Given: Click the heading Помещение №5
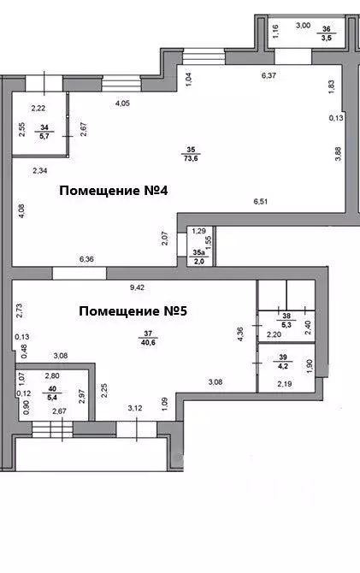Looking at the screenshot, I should point(133,310).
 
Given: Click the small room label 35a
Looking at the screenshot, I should point(197,256).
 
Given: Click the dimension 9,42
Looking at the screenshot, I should point(140,287).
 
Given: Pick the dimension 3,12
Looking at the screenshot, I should point(135,409).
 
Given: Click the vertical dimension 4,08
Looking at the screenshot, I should point(21,210).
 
